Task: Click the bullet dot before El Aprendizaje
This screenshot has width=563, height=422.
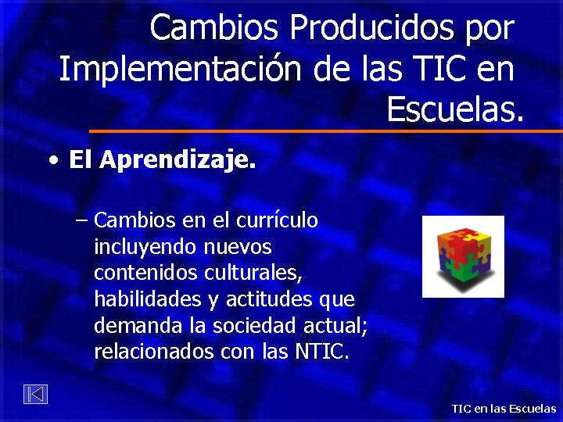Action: pyautogui.click(x=52, y=161)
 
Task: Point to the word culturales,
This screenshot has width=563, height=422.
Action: pyautogui.click(x=253, y=274)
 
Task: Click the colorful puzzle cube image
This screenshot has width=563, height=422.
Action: pyautogui.click(x=463, y=257)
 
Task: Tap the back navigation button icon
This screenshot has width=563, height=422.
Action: pyautogui.click(x=34, y=395)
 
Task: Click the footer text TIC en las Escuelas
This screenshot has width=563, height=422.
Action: pyautogui.click(x=504, y=409)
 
